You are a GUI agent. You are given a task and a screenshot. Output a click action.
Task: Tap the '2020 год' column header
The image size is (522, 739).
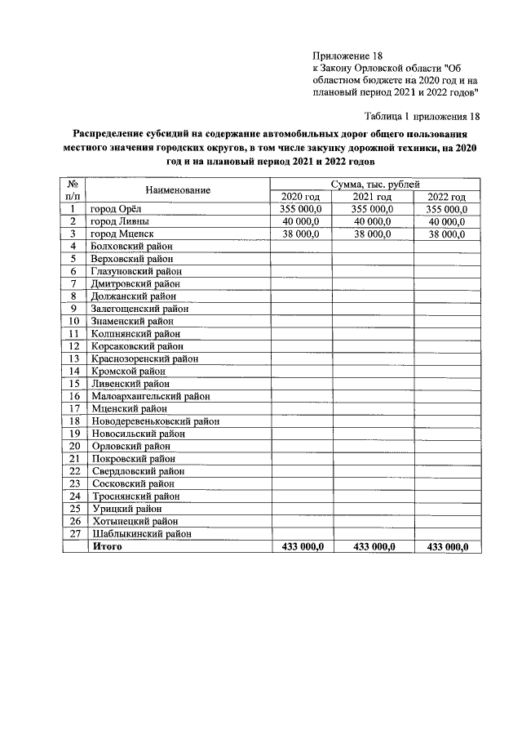(x=301, y=198)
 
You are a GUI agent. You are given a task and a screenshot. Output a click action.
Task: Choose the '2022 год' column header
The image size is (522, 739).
(x=446, y=198)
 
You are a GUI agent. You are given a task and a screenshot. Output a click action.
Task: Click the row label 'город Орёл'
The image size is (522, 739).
(x=117, y=210)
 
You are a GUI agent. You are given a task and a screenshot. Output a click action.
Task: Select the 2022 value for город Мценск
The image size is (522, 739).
(x=445, y=234)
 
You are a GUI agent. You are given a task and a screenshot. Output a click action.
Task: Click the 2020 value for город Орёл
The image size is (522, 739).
(x=301, y=210)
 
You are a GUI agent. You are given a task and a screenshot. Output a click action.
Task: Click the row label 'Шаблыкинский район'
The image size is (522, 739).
(x=141, y=533)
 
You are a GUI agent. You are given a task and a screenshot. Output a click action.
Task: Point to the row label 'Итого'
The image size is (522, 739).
(x=108, y=546)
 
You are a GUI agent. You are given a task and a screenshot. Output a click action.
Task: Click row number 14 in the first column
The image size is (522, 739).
(x=73, y=372)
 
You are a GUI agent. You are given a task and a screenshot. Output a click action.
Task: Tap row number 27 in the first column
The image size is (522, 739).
(x=73, y=533)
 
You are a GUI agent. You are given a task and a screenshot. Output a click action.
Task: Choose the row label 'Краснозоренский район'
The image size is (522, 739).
(x=145, y=359)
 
